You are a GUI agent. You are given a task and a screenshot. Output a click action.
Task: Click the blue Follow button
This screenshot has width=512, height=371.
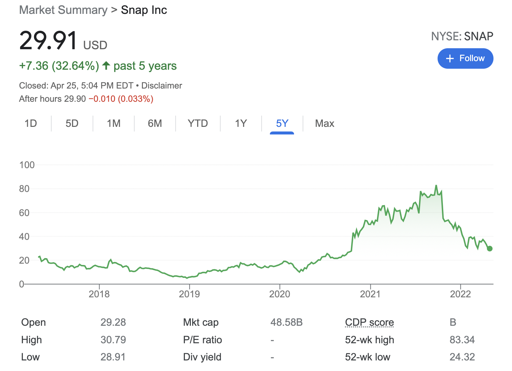(x=465, y=58)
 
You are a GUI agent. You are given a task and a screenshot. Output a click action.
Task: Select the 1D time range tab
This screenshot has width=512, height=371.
(x=31, y=124)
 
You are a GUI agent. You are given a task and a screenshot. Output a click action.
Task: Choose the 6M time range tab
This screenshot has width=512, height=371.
(x=155, y=124)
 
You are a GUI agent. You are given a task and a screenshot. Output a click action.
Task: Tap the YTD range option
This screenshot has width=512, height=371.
(x=197, y=124)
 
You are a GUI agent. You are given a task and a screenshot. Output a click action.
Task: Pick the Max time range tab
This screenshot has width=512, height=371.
(x=324, y=124)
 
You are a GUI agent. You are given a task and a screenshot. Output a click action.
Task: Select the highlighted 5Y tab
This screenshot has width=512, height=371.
(x=282, y=124)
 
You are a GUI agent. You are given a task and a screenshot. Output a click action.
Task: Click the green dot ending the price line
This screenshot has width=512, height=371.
(x=490, y=248)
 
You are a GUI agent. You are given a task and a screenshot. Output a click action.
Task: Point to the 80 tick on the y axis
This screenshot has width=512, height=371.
(x=24, y=189)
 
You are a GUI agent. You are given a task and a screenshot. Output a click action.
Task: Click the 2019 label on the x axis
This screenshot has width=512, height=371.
(x=189, y=294)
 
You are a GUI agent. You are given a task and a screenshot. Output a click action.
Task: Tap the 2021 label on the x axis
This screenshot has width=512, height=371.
(x=370, y=294)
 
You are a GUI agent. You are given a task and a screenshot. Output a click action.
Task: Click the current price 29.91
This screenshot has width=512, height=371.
(x=48, y=41)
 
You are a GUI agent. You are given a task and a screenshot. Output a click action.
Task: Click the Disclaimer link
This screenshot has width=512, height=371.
(x=162, y=86)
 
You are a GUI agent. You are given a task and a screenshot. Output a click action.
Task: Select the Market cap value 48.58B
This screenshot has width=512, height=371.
(x=286, y=322)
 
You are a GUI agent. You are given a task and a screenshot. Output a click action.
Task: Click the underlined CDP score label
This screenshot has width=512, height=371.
(x=369, y=322)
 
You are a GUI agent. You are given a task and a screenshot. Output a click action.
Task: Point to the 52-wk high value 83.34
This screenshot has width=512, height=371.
(x=462, y=340)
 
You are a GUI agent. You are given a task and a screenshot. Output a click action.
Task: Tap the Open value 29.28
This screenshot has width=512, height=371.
(x=113, y=322)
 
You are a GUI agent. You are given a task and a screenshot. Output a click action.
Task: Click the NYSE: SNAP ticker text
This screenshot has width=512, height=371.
(x=462, y=36)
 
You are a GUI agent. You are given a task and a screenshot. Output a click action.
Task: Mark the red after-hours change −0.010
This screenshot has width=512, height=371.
(x=102, y=99)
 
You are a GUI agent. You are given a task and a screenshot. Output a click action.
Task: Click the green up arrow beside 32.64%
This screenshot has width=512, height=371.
(x=106, y=65)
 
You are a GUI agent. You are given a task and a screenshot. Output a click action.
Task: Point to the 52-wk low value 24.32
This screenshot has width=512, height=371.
(x=462, y=357)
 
